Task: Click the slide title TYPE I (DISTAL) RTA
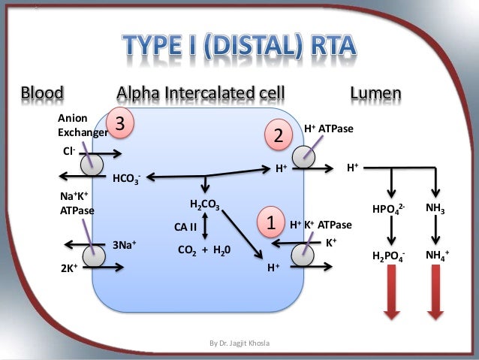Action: coord(239,46)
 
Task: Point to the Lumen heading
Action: coord(375,94)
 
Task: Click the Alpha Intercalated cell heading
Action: coord(200,94)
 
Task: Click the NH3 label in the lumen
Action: coord(435,207)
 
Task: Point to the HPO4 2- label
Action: coord(389,208)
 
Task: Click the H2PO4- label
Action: coord(390,256)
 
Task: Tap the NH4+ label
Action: coord(437,256)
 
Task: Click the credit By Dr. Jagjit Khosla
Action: coord(239,343)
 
